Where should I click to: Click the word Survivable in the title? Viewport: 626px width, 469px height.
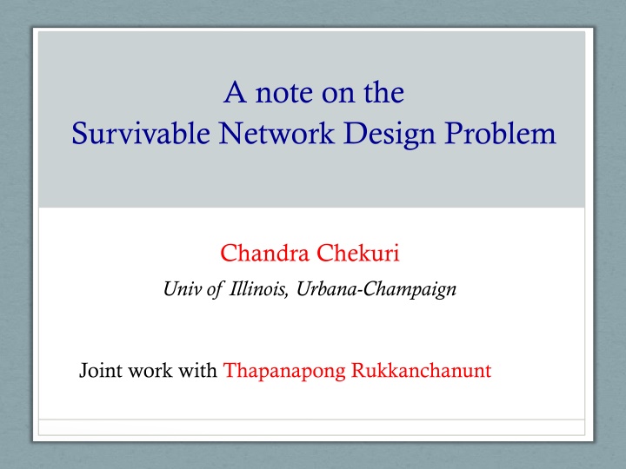pos(141,134)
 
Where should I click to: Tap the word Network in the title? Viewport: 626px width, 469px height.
pos(276,133)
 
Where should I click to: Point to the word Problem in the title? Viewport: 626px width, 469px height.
pos(500,133)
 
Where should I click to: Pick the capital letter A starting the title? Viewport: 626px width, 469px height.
pos(235,92)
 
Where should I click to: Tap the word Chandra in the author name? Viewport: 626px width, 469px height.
pos(264,253)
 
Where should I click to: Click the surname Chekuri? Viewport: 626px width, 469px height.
pos(358,253)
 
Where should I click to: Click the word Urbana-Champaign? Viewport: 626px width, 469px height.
pos(376,289)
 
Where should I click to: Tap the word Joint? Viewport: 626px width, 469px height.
pos(101,370)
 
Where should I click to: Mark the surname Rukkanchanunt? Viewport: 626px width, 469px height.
pos(421,370)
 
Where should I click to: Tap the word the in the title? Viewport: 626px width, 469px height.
pos(384,92)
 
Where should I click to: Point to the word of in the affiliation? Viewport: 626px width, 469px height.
pos(215,289)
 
